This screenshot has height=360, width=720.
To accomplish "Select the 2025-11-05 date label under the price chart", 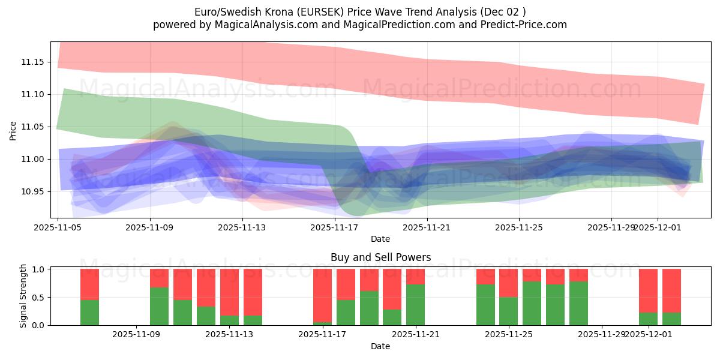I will pos(58,228).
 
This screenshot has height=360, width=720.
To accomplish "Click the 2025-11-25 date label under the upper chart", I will pos(519,228).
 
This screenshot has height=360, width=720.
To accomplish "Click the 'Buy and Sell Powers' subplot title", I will pos(380,257).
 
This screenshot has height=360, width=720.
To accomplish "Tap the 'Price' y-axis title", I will pos(13,130).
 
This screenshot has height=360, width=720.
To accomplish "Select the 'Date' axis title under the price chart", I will pos(380,239).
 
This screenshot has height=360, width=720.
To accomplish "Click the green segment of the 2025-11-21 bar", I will pos(415,305).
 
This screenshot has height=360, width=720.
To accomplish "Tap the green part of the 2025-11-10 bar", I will pos(159,306).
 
